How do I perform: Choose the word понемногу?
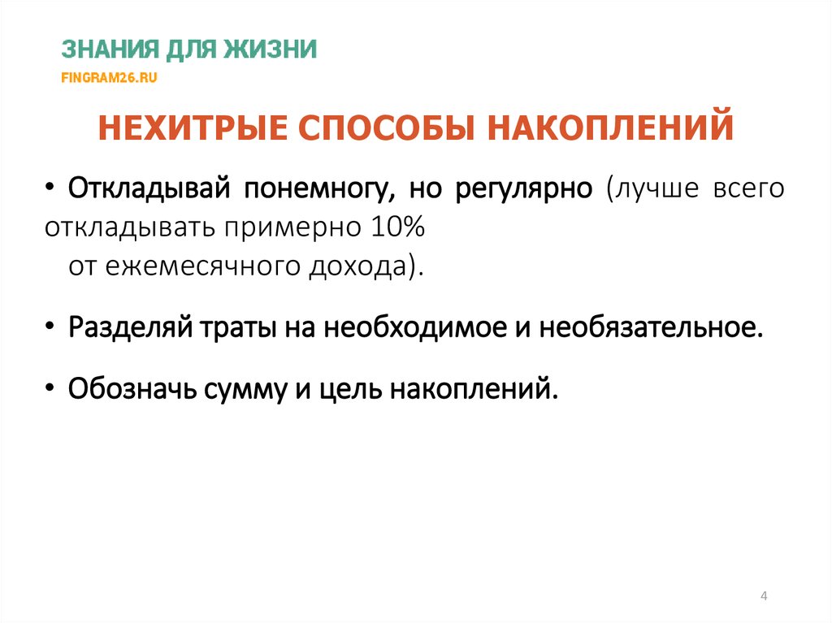click(309, 189)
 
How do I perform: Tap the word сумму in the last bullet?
click(257, 389)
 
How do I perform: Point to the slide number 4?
click(764, 597)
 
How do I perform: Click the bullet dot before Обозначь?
click(52, 389)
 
